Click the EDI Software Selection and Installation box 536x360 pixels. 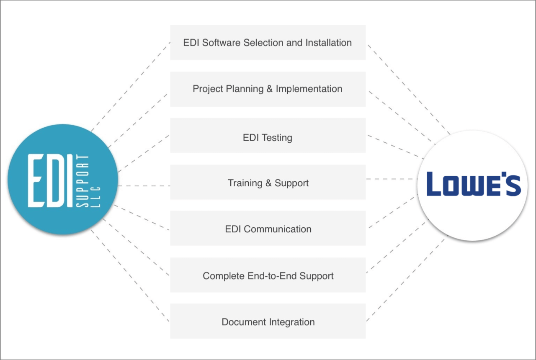click(x=268, y=43)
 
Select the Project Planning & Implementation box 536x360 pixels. click(x=268, y=89)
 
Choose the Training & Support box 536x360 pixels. click(x=268, y=183)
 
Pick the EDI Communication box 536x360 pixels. click(x=268, y=229)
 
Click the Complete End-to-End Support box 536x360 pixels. click(x=268, y=275)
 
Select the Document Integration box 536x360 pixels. click(x=268, y=321)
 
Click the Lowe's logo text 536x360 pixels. click(x=474, y=185)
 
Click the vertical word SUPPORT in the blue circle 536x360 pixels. click(x=82, y=181)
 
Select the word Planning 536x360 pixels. click(x=242, y=89)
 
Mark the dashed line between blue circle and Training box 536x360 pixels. click(x=144, y=186)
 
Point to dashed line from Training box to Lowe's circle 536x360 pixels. click(x=392, y=179)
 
